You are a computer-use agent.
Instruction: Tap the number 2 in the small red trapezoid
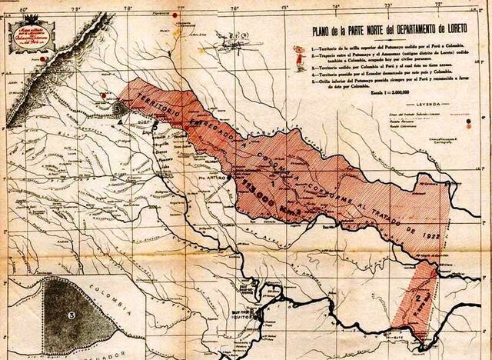tap(417, 295)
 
